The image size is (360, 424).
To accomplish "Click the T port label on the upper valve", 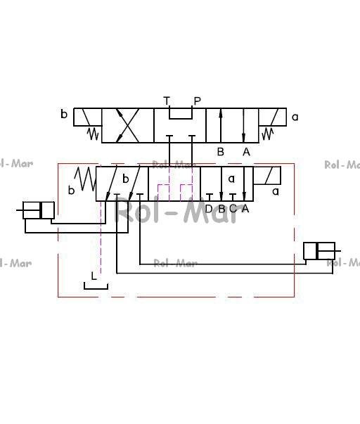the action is (167, 101).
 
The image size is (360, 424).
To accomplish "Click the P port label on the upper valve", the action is (198, 101).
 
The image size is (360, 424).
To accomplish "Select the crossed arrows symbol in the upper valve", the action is (127, 125).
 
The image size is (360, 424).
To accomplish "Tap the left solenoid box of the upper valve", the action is (88, 117).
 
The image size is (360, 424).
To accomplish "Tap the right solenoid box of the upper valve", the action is (272, 117).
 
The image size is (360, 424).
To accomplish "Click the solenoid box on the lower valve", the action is (267, 176).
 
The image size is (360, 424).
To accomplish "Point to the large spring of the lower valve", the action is (86, 179).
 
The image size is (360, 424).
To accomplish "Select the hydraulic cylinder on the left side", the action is (39, 210).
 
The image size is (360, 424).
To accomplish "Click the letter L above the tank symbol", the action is (94, 276).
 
